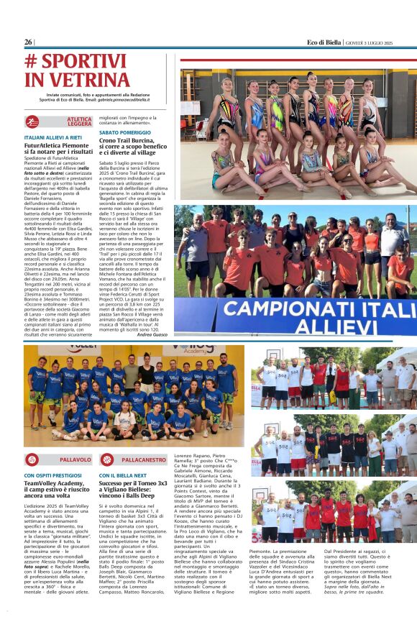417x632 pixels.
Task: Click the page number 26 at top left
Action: (x=29, y=42)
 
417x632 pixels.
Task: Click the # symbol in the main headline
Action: (x=32, y=60)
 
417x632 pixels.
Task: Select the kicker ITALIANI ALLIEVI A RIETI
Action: (x=53, y=137)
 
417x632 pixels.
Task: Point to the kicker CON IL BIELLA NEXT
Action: (x=123, y=475)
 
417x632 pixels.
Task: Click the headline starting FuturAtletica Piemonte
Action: (x=58, y=149)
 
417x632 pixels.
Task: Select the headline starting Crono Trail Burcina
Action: (x=132, y=148)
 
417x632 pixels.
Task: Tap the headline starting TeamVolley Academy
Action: (x=58, y=489)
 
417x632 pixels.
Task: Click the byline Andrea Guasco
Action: (x=152, y=334)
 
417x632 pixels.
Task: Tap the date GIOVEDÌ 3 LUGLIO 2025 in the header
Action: (x=380, y=42)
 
